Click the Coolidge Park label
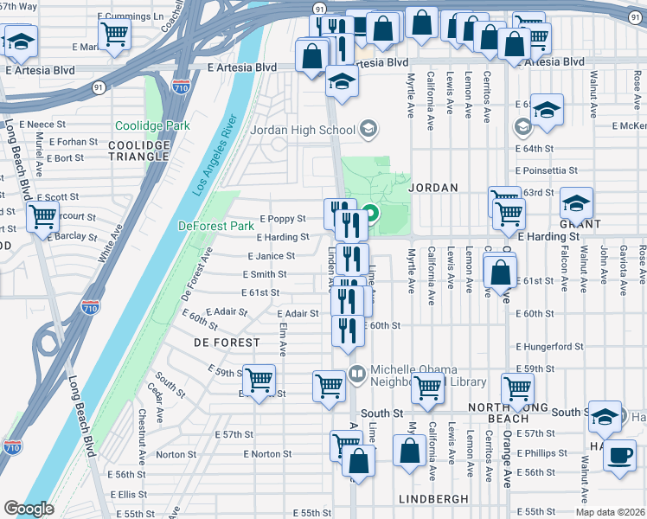coord(152,125)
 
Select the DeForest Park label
coord(216,226)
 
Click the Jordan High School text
coord(302,131)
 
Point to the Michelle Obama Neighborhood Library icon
coord(357,373)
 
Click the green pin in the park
coord(371,212)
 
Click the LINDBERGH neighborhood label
coord(433,499)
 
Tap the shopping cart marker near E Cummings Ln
coord(115,34)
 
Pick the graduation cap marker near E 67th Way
coord(21,39)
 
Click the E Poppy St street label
coord(283,219)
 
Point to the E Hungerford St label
coord(549,347)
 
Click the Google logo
coord(29,509)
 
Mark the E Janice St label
coord(271,256)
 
